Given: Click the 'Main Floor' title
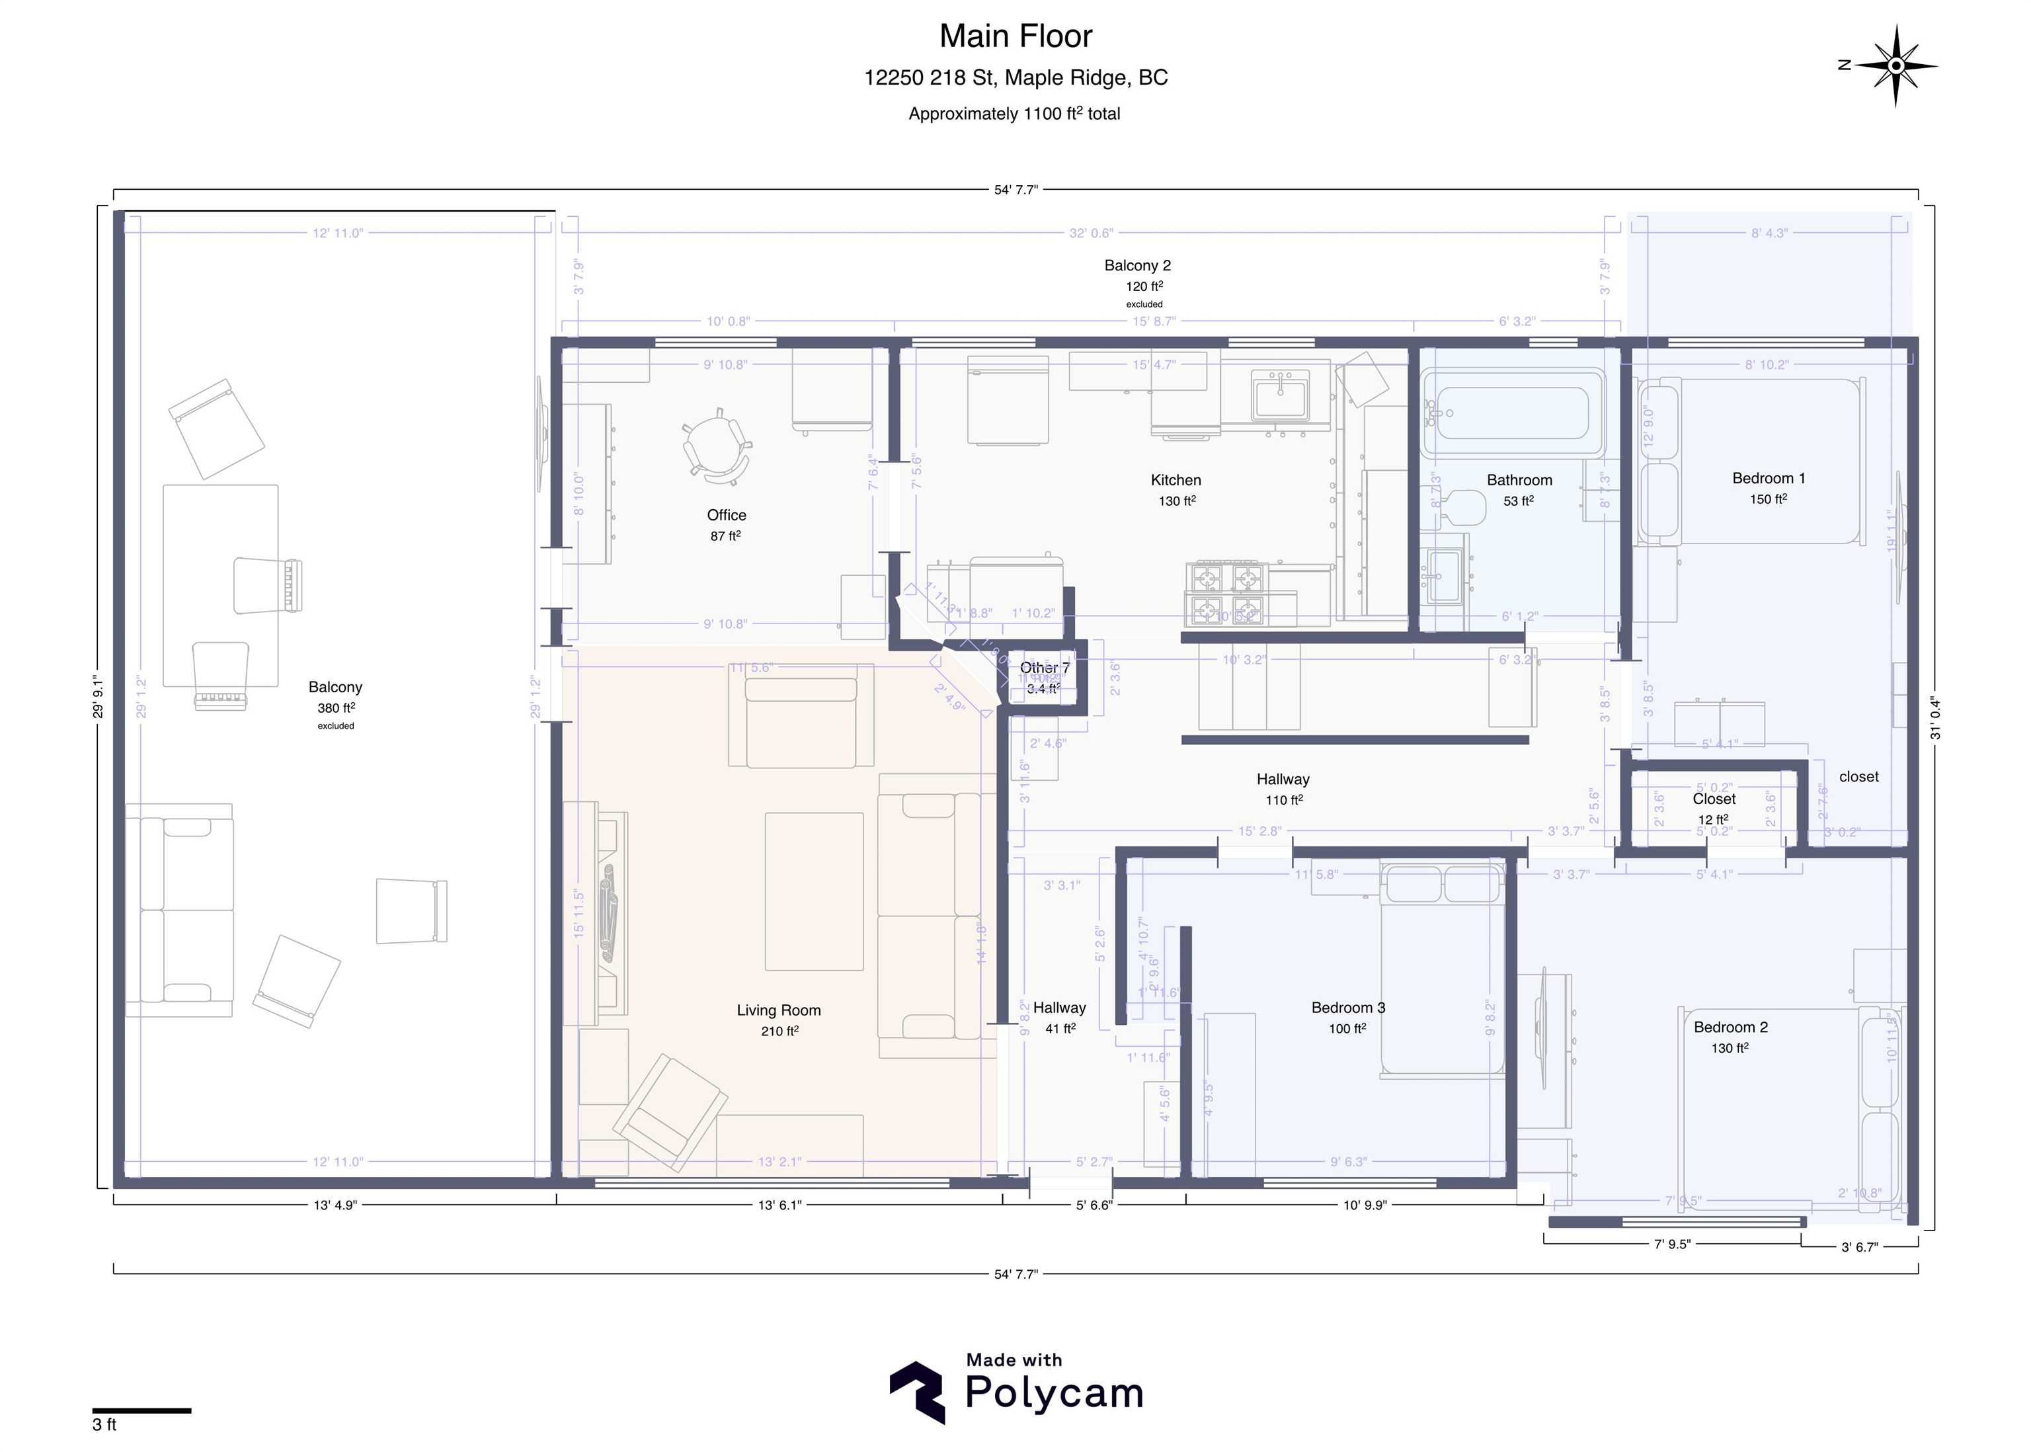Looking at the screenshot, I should click(x=1015, y=36).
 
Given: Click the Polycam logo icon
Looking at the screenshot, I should click(x=917, y=1392).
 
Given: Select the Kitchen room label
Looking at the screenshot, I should click(x=1175, y=480).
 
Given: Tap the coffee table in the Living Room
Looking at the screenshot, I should click(x=813, y=891).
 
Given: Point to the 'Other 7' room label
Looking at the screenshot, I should click(x=1044, y=668).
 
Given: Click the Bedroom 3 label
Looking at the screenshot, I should click(x=1348, y=1008).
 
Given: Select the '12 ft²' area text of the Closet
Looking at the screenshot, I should click(x=1713, y=820).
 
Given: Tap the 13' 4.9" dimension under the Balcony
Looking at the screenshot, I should click(x=335, y=1205).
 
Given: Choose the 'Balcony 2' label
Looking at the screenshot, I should click(x=1137, y=266).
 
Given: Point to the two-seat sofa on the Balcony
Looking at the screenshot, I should click(x=179, y=910).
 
